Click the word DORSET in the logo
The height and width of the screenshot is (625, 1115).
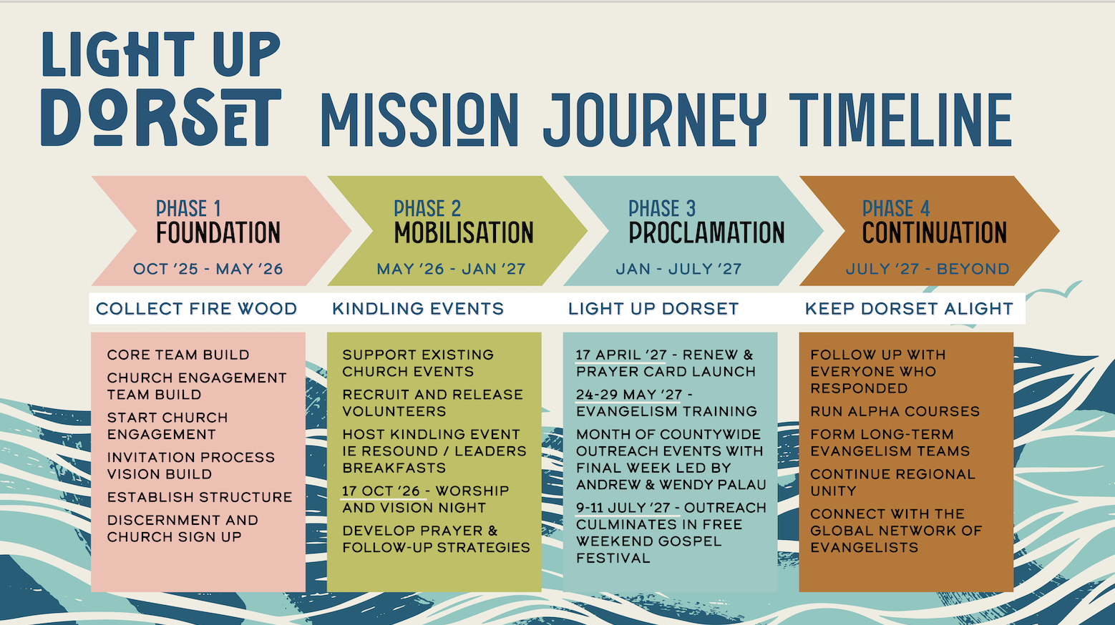click(161, 118)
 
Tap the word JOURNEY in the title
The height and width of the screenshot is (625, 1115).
click(655, 120)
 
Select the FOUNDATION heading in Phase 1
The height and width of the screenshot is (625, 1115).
click(218, 232)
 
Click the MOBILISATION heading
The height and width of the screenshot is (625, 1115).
click(464, 232)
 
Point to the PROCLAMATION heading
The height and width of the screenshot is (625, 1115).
click(706, 232)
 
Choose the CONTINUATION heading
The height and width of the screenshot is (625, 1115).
click(935, 232)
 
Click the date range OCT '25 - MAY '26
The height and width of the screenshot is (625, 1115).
click(208, 269)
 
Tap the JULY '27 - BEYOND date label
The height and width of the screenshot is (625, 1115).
click(927, 269)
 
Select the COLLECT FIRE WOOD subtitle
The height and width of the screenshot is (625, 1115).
click(197, 309)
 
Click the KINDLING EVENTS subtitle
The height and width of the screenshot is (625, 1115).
click(418, 309)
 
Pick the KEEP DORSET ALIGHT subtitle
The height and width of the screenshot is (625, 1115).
click(909, 309)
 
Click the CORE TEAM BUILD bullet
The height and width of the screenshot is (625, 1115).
click(178, 355)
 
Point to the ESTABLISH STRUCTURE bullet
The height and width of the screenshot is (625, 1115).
click(200, 497)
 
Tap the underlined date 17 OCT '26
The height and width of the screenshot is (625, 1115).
click(381, 491)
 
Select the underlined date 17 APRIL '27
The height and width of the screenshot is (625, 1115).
click(621, 355)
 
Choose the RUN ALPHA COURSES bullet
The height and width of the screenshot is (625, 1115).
click(895, 412)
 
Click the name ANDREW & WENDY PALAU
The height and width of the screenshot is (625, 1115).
click(671, 485)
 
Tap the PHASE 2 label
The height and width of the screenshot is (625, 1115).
click(427, 208)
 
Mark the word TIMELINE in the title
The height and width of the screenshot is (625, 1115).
click(901, 120)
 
